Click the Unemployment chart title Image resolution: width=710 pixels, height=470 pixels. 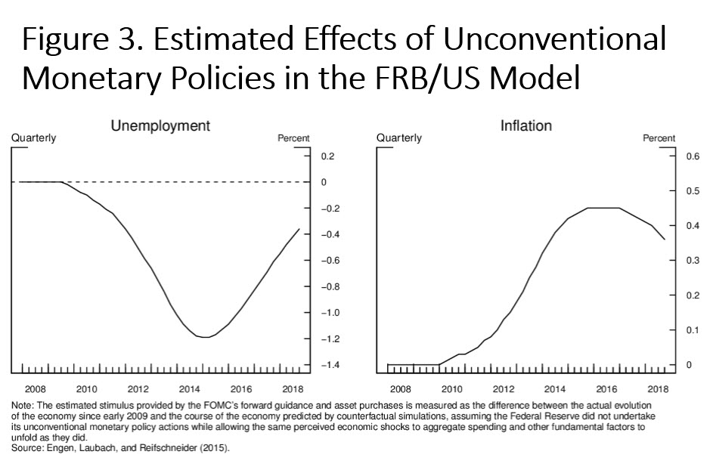point(160,126)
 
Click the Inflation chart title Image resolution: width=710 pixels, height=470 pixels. point(526,126)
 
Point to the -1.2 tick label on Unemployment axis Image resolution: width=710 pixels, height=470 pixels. point(330,339)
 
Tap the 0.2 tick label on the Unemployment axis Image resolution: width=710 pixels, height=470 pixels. point(327,156)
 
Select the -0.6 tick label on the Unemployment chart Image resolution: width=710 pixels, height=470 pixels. point(330,261)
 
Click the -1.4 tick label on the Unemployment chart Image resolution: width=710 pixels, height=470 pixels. point(330,366)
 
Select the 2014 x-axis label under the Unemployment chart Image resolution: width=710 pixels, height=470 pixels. point(189,389)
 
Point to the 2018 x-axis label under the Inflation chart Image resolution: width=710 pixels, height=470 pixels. point(658,389)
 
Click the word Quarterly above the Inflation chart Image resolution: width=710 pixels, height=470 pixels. point(399,138)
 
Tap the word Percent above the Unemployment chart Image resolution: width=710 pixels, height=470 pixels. point(294,138)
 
